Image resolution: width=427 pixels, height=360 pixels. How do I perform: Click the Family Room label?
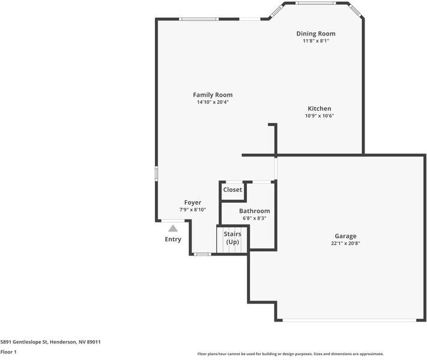[213, 95]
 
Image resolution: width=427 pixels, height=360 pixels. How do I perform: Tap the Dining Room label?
[316, 34]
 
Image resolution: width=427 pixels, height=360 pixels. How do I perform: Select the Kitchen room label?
[319, 109]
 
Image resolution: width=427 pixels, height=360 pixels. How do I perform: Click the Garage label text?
[345, 236]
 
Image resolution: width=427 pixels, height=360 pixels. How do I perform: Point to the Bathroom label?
[254, 211]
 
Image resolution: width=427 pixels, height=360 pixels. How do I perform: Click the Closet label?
[232, 190]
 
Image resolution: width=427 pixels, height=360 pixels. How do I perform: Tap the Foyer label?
[193, 203]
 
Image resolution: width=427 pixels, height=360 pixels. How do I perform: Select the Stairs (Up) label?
[232, 238]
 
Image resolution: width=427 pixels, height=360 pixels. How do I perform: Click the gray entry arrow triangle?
[173, 228]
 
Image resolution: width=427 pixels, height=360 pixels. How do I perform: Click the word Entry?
[173, 239]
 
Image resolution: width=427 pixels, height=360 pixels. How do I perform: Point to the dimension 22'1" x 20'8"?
[345, 244]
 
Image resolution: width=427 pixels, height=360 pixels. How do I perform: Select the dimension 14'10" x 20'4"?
[213, 102]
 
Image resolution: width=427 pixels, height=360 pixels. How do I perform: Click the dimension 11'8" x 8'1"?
[316, 41]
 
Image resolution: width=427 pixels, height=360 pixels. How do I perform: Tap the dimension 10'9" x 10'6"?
[319, 116]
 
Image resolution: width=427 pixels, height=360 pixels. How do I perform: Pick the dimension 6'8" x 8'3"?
[254, 218]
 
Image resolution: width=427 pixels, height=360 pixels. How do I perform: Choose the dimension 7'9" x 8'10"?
[193, 210]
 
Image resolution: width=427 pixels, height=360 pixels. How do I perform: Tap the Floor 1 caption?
[8, 352]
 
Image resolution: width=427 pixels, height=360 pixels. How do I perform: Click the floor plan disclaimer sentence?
[291, 354]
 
